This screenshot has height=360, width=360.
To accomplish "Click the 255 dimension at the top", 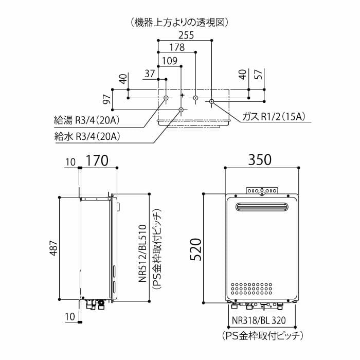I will pos(186,35).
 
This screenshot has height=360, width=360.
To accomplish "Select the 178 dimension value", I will pos(177,48).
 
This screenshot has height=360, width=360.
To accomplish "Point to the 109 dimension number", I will pos(170,61).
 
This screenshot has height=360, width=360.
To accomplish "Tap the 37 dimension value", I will pos(150,73).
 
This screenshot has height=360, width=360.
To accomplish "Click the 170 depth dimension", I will pos(97,160).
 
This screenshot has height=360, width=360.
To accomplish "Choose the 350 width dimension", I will pos(260,160).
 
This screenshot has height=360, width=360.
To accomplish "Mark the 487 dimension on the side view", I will pos(53,247).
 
